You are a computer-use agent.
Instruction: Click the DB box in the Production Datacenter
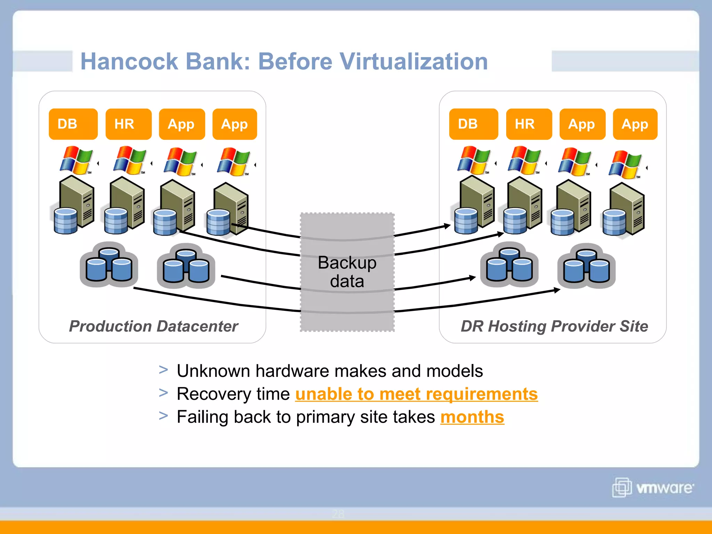click(x=73, y=124)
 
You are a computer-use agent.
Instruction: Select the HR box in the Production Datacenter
click(x=128, y=124)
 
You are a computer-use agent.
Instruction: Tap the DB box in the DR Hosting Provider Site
click(x=473, y=124)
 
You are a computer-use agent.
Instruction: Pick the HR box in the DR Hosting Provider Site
click(x=529, y=124)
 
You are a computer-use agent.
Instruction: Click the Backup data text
click(x=347, y=272)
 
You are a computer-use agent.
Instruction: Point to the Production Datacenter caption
click(x=153, y=326)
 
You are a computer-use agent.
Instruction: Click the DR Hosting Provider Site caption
click(x=554, y=326)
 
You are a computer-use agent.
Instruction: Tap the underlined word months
click(x=472, y=417)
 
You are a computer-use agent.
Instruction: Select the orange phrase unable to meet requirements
click(x=416, y=394)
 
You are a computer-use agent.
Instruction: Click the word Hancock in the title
click(x=129, y=62)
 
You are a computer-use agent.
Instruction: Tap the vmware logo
click(x=653, y=487)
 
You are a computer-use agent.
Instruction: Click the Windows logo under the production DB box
click(x=76, y=160)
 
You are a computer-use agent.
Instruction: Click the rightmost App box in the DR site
click(x=635, y=124)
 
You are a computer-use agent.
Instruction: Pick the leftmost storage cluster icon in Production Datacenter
click(x=109, y=265)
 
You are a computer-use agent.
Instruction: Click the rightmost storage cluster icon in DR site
click(x=586, y=266)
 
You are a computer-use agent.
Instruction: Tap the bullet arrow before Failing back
click(x=163, y=415)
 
